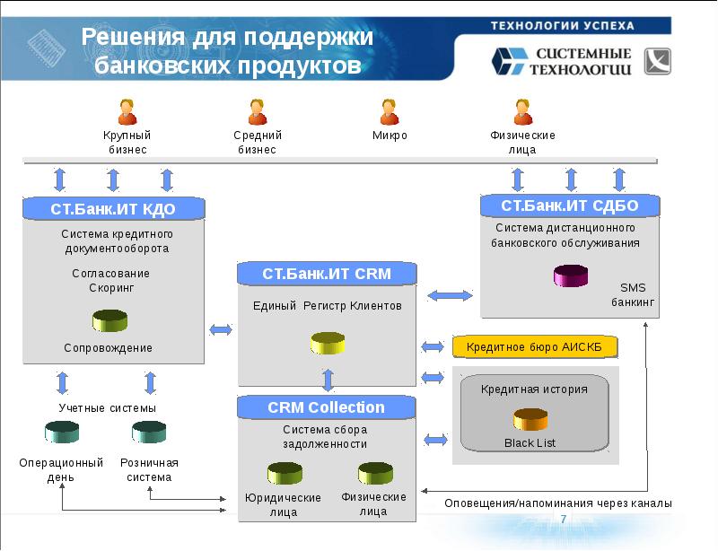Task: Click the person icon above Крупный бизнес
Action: [127, 112]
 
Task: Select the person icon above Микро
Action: [390, 112]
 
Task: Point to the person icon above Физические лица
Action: [522, 112]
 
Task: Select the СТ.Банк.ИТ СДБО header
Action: [569, 206]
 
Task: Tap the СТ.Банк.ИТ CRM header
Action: [327, 273]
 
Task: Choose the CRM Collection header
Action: [327, 407]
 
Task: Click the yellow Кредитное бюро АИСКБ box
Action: [535, 346]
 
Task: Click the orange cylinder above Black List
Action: [530, 418]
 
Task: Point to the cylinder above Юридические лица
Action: [284, 472]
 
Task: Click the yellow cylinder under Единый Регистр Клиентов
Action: [328, 344]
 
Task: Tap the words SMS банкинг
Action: [634, 295]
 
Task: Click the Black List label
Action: [530, 443]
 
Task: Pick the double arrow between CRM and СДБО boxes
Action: [450, 295]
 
